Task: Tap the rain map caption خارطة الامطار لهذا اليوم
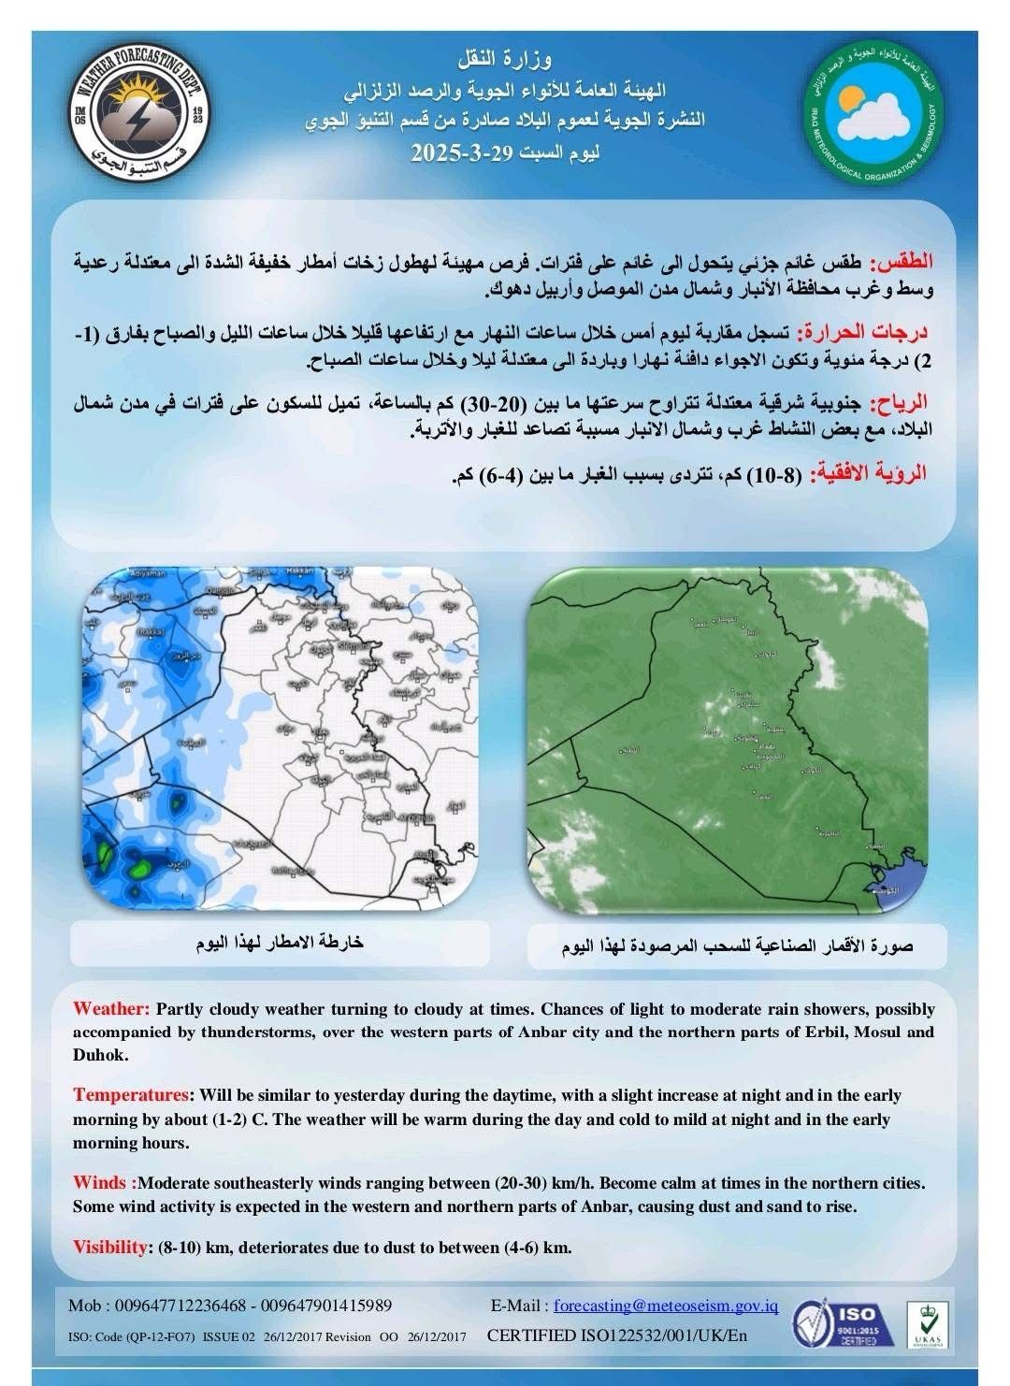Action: pyautogui.click(x=280, y=941)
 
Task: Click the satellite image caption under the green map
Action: pyautogui.click(x=738, y=946)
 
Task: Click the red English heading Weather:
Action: pyautogui.click(x=111, y=1009)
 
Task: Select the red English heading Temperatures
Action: pyautogui.click(x=131, y=1095)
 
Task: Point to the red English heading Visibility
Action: pyautogui.click(x=110, y=1247)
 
